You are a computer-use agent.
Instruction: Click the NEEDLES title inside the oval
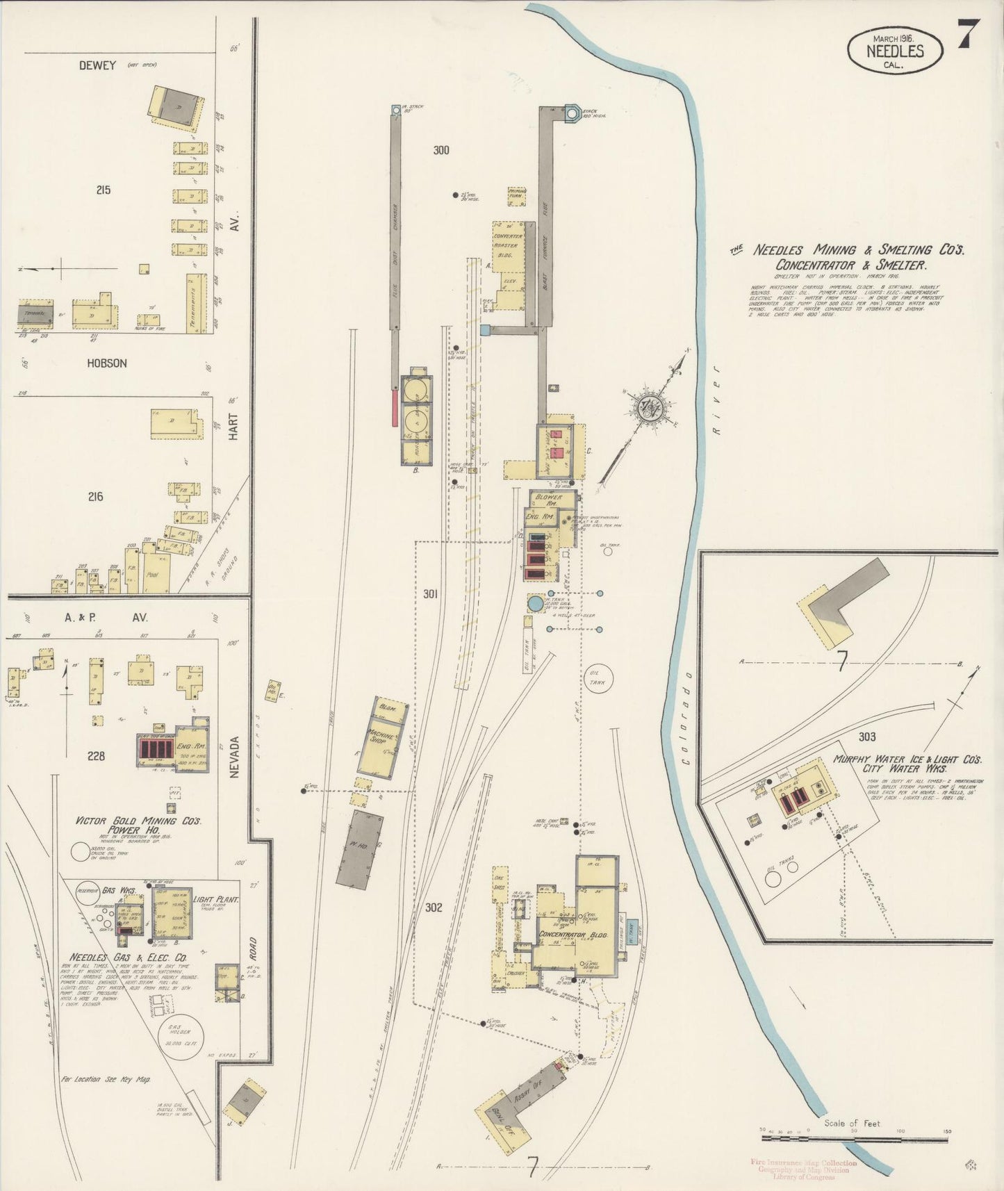(x=895, y=51)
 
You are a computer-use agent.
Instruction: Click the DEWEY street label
(x=97, y=65)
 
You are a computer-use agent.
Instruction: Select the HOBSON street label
(x=107, y=363)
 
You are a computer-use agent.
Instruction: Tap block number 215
(x=104, y=190)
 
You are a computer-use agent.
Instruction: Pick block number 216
(x=95, y=496)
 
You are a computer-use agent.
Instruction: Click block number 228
(x=96, y=755)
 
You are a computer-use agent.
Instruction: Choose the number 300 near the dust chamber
(x=441, y=149)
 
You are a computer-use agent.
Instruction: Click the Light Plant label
(x=216, y=899)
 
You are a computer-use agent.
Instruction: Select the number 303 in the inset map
(x=866, y=737)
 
